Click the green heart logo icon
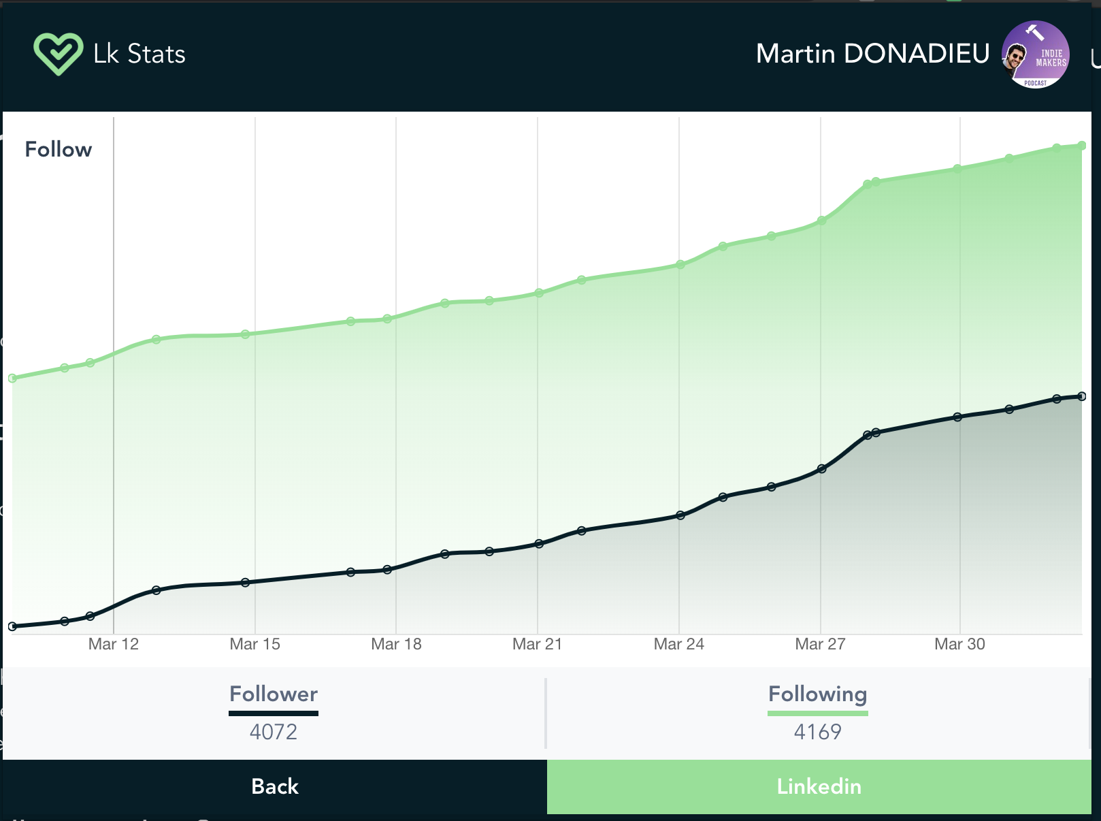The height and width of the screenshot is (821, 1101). point(58,54)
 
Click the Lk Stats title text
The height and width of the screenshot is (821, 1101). point(139,54)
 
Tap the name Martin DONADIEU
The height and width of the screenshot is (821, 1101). point(872,54)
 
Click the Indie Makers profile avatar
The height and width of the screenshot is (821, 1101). point(1035,54)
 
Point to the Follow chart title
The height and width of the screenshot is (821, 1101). point(59,149)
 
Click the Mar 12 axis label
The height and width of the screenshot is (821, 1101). point(114,644)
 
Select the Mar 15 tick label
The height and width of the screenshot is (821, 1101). point(255,644)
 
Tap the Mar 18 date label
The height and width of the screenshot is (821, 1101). point(396,644)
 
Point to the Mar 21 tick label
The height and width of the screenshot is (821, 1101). point(538,644)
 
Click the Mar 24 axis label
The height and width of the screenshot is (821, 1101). point(679,644)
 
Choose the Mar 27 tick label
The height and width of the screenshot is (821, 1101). point(820,644)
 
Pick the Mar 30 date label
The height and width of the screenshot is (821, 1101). point(959,644)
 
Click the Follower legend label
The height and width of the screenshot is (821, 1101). point(274,694)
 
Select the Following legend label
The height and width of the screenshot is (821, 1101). point(817,694)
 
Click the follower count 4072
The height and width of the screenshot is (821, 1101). point(274,732)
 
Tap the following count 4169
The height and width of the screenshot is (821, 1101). point(817,732)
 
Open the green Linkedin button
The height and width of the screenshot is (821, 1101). point(819,786)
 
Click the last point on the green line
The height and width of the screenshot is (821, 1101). point(1081,145)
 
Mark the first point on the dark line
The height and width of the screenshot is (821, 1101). point(12,626)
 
